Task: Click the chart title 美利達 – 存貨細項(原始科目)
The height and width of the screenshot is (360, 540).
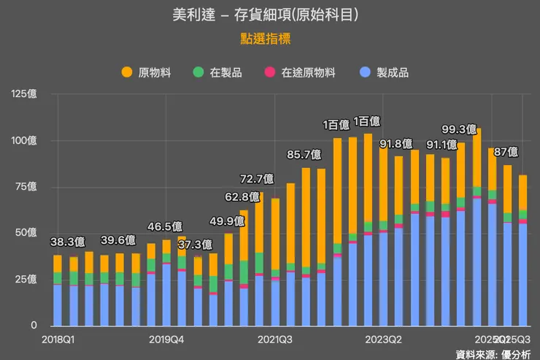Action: click(269, 15)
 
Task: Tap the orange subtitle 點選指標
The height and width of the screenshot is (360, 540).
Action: click(269, 39)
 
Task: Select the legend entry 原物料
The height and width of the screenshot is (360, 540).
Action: click(148, 72)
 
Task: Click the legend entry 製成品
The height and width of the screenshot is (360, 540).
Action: click(385, 72)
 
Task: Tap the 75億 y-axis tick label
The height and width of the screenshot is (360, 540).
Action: click(26, 187)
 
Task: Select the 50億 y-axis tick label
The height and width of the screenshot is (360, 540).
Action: click(26, 233)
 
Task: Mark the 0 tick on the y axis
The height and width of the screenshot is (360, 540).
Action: click(33, 326)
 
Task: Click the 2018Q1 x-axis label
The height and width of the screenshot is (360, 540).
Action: click(59, 340)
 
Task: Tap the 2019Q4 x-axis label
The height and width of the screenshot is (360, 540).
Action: click(166, 340)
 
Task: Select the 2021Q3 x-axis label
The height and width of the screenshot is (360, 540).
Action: click(275, 340)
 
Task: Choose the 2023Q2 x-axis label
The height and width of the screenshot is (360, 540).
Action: click(384, 340)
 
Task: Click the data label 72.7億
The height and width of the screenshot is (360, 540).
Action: click(258, 178)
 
